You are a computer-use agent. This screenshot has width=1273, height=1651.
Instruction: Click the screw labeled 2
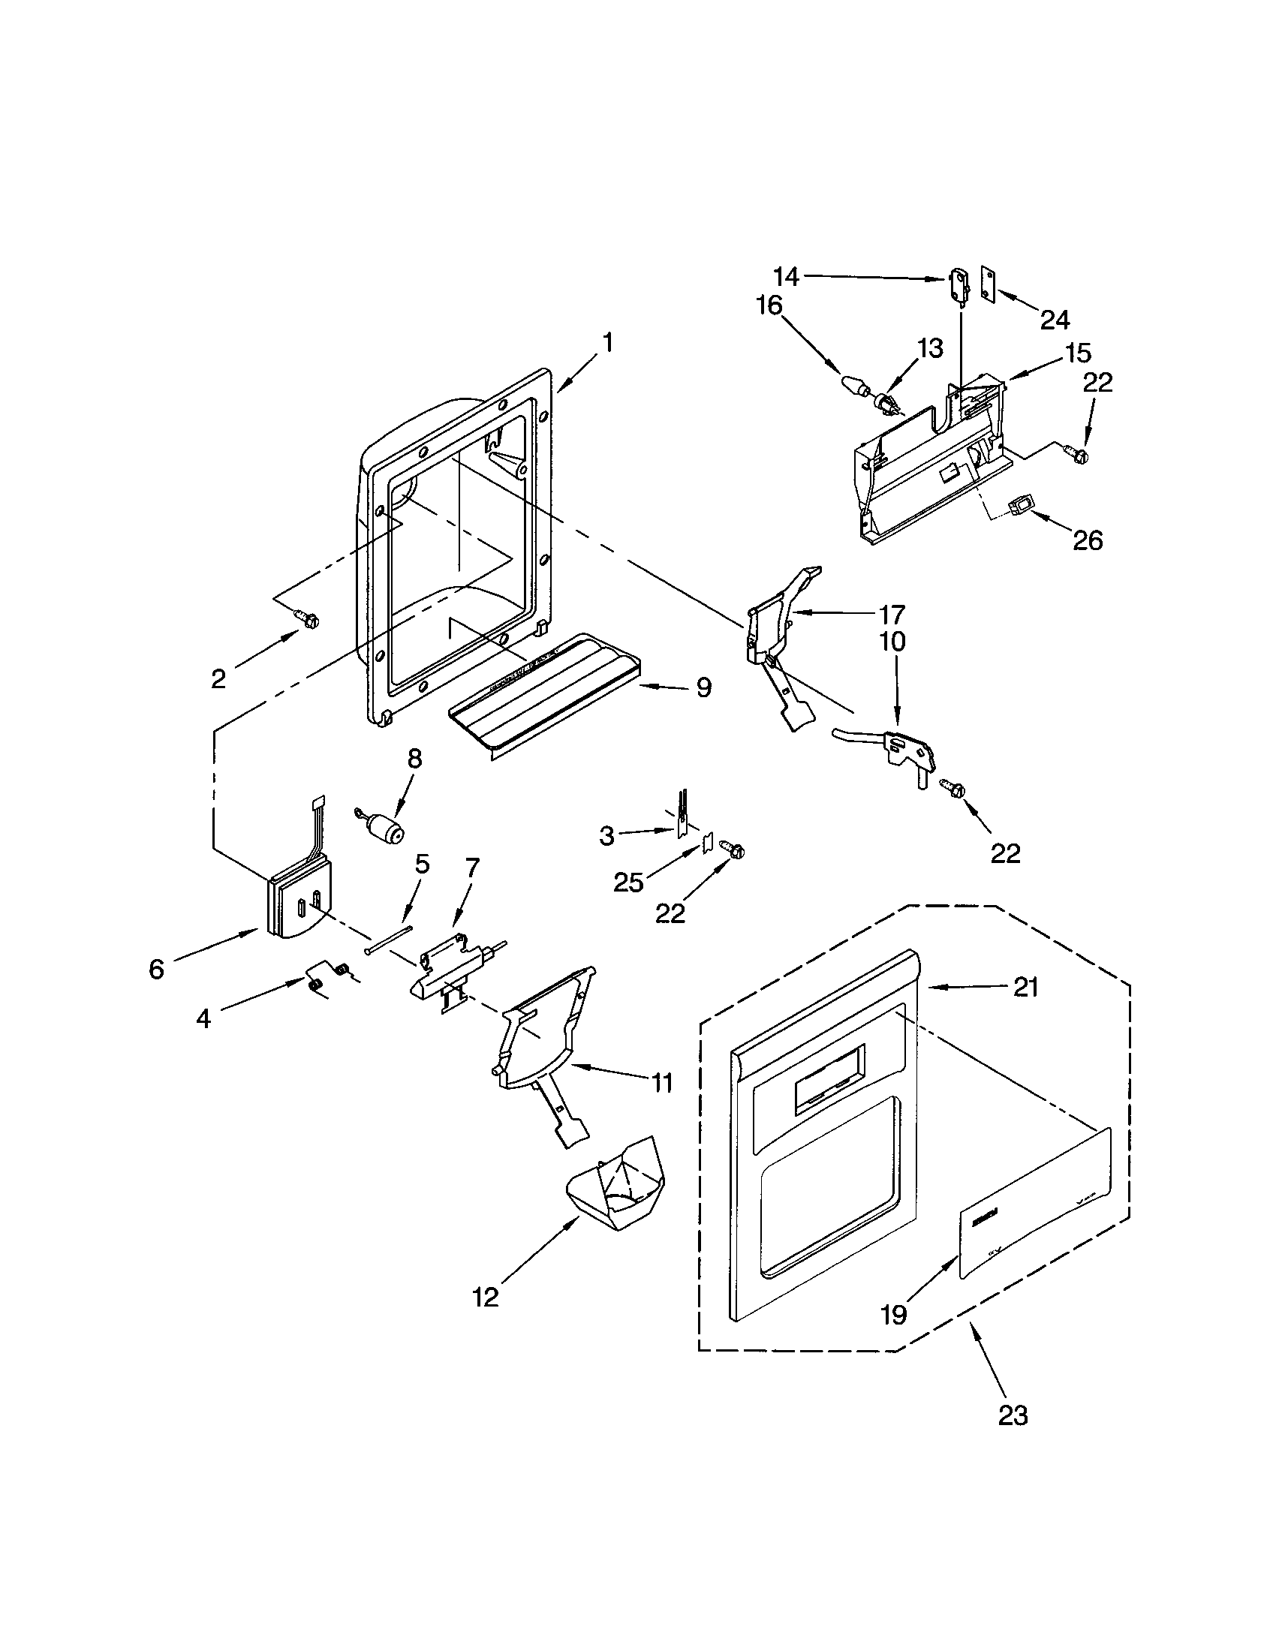click(308, 620)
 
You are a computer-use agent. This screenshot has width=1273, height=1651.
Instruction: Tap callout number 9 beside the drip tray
click(703, 687)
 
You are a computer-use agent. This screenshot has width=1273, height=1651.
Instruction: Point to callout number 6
click(155, 969)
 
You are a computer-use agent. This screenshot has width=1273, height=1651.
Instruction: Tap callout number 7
click(471, 868)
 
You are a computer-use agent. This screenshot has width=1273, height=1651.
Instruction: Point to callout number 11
click(662, 1083)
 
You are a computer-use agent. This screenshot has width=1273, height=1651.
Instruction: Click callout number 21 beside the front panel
click(1025, 988)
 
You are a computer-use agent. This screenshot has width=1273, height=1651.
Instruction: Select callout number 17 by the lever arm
click(892, 614)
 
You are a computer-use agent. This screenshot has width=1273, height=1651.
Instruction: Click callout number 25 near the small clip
click(629, 882)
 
